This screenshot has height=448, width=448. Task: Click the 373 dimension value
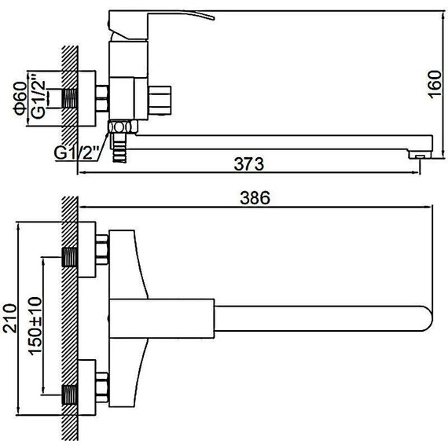click(x=248, y=163)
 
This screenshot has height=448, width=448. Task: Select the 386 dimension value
click(x=255, y=198)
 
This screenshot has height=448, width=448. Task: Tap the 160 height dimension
click(x=435, y=84)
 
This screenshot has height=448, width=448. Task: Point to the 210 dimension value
click(x=10, y=318)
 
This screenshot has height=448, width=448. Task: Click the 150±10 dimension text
click(x=35, y=326)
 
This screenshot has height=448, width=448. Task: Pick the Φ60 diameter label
click(x=20, y=98)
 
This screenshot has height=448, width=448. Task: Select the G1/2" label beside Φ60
click(x=39, y=96)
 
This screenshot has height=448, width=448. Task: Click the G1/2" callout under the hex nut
click(x=76, y=153)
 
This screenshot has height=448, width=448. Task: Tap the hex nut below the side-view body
click(x=123, y=127)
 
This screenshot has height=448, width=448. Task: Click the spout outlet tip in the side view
click(x=420, y=155)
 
